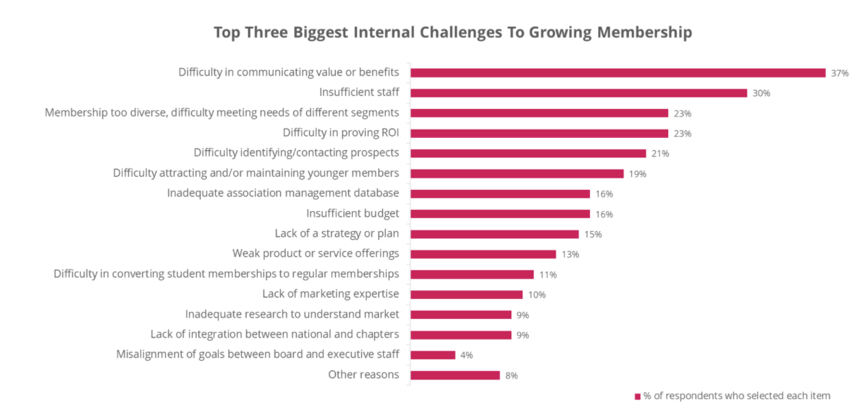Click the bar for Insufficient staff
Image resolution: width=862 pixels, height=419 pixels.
click(578, 93)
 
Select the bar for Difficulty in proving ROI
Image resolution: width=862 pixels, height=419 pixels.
click(539, 133)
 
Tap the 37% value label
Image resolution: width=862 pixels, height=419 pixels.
click(839, 73)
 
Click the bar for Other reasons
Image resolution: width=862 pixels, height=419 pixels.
click(455, 375)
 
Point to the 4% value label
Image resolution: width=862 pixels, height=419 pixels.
click(467, 355)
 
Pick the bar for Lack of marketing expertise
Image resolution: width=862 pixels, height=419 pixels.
click(467, 295)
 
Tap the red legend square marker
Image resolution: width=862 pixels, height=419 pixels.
click(637, 396)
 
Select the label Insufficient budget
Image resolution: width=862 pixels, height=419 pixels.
click(352, 214)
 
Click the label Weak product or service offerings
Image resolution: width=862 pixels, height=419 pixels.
click(315, 254)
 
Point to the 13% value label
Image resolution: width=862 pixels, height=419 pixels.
click(570, 254)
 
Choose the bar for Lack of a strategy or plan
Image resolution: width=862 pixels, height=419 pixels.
click(495, 234)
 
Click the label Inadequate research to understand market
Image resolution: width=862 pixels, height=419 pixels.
click(292, 315)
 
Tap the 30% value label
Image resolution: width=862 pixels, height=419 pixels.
click(761, 93)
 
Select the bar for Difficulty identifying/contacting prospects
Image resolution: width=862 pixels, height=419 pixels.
click(528, 153)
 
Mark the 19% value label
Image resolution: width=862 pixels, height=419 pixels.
click(637, 174)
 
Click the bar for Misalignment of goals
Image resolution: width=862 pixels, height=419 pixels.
click(433, 355)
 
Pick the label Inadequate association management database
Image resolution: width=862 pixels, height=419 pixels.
click(283, 193)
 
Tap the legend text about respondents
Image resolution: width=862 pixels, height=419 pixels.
click(737, 396)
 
